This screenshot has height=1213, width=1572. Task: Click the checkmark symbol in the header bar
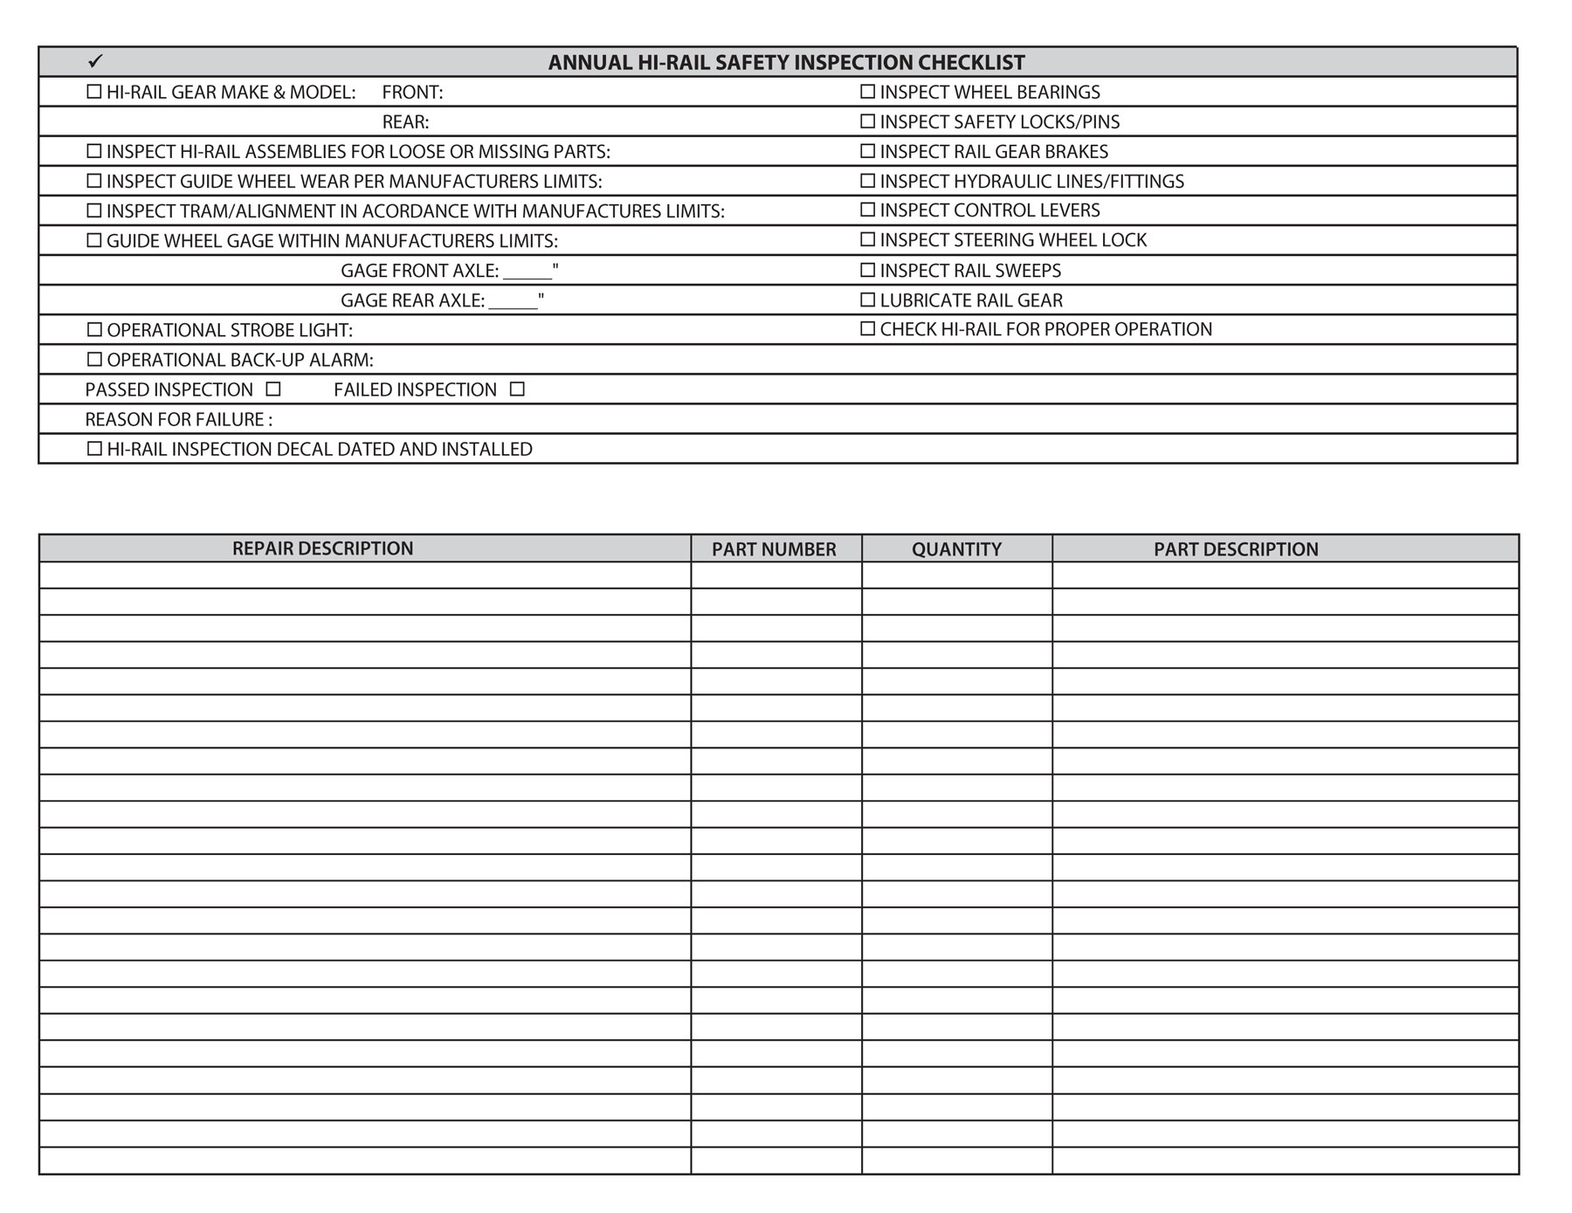(95, 60)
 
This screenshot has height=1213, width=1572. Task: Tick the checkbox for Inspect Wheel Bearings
(867, 91)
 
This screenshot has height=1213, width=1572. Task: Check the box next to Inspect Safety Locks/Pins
(867, 121)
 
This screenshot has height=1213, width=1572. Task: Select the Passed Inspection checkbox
(273, 389)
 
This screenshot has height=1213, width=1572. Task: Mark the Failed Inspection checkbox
(517, 389)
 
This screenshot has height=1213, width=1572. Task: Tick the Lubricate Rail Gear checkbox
(867, 300)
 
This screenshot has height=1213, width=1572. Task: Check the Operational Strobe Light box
(94, 329)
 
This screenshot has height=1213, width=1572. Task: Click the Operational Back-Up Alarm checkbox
(94, 359)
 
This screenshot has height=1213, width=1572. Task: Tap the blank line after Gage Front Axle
(527, 272)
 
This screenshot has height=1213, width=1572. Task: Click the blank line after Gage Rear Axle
(513, 302)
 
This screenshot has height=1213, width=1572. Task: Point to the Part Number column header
(774, 549)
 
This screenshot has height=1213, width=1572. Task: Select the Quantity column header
(956, 549)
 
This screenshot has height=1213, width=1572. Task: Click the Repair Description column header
(322, 548)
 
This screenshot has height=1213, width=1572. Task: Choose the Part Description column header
(1236, 549)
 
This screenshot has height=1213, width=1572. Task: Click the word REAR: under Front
(405, 121)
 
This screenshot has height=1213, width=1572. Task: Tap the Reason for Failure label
(178, 419)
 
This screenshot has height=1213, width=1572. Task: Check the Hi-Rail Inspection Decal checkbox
(94, 448)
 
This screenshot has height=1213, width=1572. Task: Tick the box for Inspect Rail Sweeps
(867, 270)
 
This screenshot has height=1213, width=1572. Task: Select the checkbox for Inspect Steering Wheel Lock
(867, 238)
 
